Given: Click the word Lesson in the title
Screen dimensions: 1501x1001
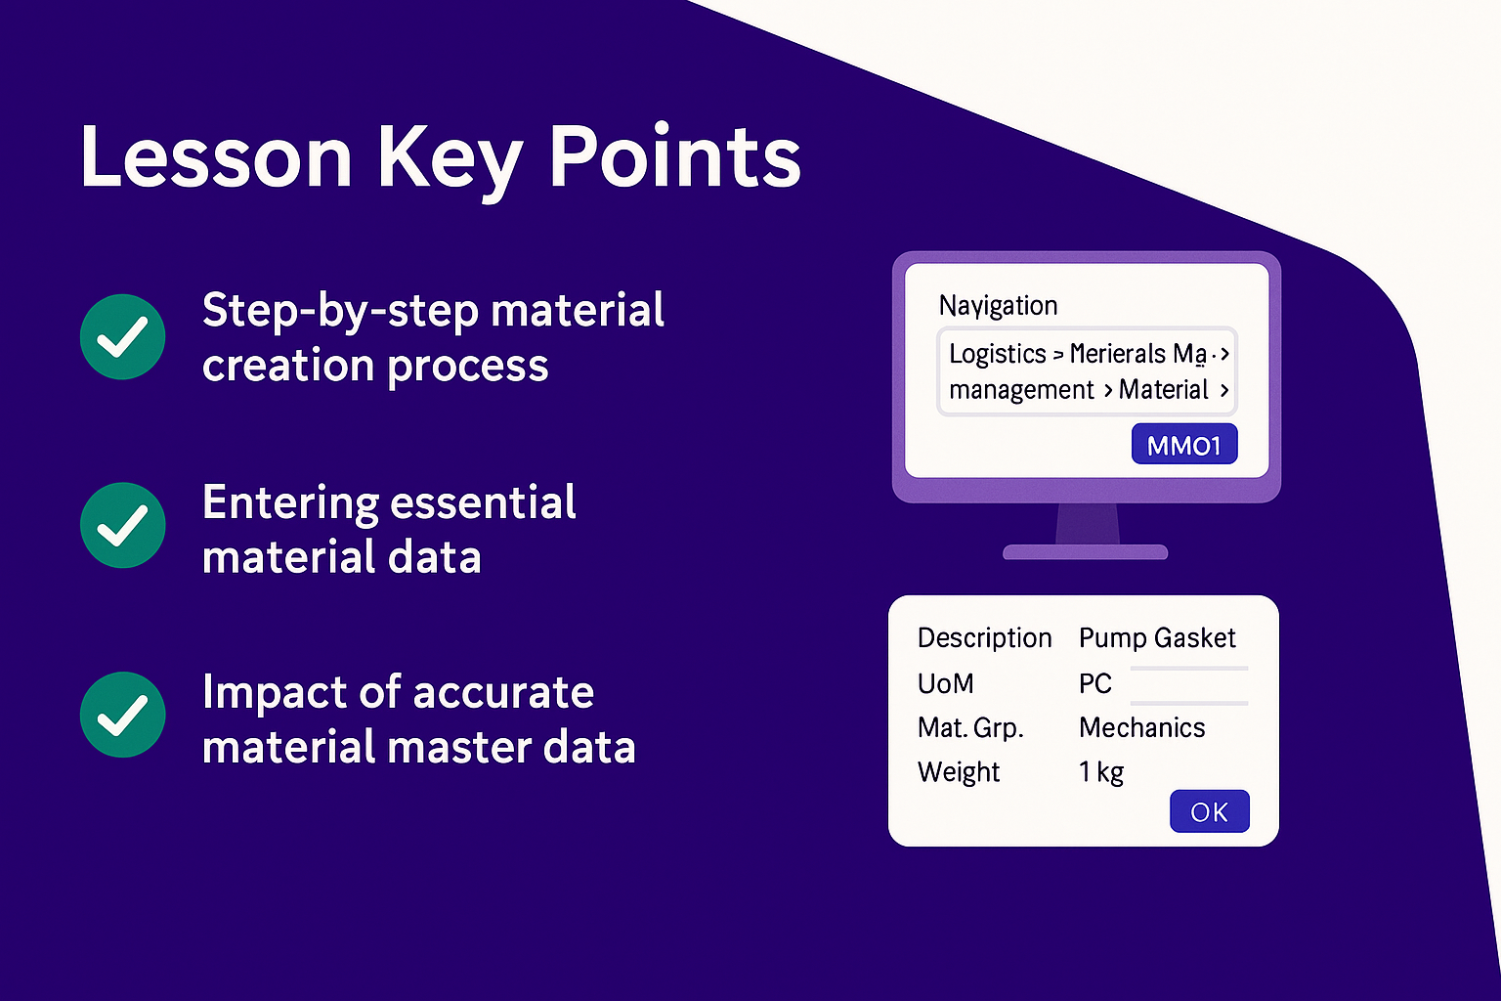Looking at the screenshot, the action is [216, 157].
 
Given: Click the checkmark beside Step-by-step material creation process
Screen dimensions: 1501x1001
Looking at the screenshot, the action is [122, 336].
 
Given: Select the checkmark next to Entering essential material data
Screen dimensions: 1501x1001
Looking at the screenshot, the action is [122, 525].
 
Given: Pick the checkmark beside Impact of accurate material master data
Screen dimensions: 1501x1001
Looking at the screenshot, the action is [122, 715].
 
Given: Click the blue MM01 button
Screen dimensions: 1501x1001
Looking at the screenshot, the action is [1184, 444].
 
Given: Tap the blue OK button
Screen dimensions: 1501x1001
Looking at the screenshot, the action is [1210, 811].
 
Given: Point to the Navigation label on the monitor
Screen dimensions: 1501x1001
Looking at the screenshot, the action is [998, 306].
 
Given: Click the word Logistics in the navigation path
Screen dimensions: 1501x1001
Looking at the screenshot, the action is [997, 353].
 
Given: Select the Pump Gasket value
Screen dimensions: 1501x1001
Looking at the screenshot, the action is [1157, 638].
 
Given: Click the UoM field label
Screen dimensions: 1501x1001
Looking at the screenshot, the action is [946, 684].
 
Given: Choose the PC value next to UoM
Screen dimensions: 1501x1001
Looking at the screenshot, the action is [1094, 684].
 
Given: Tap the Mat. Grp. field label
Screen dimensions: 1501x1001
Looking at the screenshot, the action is [970, 728].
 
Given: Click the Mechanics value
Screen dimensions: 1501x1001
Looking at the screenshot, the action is [1141, 727].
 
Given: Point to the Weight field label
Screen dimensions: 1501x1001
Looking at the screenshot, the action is [959, 772].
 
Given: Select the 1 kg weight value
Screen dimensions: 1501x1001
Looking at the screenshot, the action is [1101, 772].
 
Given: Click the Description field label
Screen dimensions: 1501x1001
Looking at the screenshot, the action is [984, 638].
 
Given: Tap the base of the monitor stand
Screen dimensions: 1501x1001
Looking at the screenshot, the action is [1085, 552].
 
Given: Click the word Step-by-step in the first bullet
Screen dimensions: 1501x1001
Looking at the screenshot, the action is [340, 311].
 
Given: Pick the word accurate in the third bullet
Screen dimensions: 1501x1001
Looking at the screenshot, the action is [503, 692].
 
